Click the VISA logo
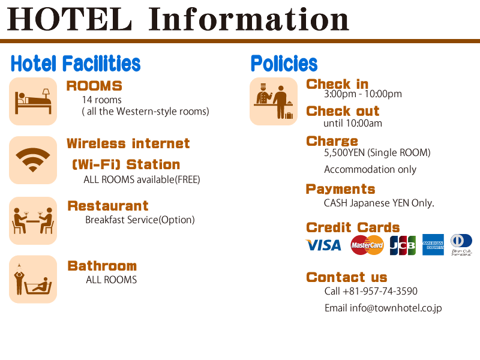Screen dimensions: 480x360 [x=323, y=245]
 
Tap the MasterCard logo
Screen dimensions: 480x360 [x=367, y=245]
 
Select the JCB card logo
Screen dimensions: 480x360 [x=403, y=245]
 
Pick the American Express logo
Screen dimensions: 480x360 [x=433, y=245]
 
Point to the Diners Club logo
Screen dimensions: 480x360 [x=461, y=245]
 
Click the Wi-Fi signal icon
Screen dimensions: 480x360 [x=33, y=160]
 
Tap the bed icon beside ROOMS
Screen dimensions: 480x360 [x=33, y=101]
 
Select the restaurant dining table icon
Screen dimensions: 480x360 [x=33, y=221]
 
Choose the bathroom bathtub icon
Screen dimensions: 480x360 [x=33, y=279]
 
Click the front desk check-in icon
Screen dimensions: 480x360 [x=274, y=101]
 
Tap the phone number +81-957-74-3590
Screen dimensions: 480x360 [x=380, y=291]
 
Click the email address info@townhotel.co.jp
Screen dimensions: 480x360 [x=396, y=308]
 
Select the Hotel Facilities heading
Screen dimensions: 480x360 [x=76, y=64]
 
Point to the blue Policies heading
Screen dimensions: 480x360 [x=284, y=64]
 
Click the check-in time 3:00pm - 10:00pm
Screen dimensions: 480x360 [x=363, y=94]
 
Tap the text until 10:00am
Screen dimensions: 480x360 [x=353, y=124]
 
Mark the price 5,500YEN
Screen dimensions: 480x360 [x=344, y=153]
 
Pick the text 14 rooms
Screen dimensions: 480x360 [x=101, y=100]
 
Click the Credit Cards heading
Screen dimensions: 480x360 [x=353, y=227]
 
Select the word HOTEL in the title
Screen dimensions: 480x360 [x=70, y=19]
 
